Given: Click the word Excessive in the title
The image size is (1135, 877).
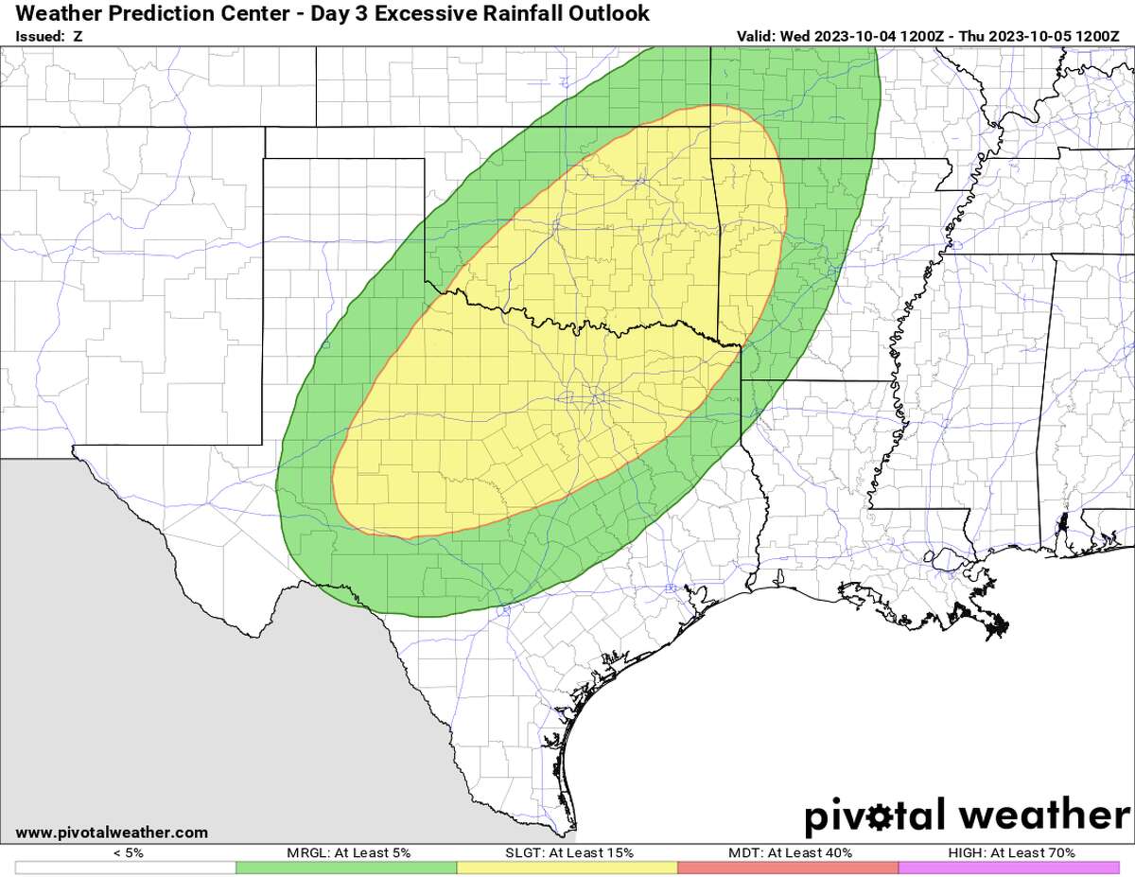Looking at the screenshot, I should point(421,13).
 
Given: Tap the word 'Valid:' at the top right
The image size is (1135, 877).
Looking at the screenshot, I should point(756,37).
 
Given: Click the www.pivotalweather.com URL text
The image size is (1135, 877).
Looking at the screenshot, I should point(113,833).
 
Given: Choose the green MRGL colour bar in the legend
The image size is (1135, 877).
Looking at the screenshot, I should point(346,868).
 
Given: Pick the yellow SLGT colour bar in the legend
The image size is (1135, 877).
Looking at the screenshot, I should point(567,868).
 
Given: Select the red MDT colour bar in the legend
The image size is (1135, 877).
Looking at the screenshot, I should point(787,868).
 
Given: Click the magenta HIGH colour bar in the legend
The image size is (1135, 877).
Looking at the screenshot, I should point(1008,868).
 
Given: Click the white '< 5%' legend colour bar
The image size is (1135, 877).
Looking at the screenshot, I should point(126,868).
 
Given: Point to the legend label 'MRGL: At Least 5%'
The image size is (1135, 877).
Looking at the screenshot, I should point(347,852).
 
